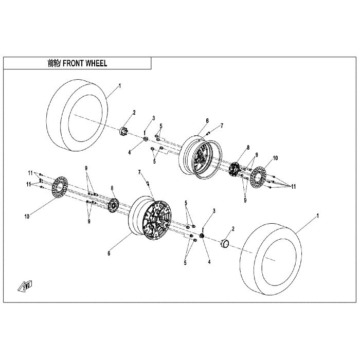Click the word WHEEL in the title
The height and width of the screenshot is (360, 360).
[96, 63]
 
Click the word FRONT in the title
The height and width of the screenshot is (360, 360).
[73, 63]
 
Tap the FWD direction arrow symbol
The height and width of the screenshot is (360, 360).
[25, 286]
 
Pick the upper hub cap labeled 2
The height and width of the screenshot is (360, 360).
[124, 131]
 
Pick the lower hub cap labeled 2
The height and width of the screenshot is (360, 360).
[224, 243]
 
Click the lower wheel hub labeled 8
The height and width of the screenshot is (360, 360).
[113, 205]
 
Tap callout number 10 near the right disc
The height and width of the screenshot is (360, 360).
[275, 158]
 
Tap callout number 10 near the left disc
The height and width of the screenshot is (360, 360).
[27, 217]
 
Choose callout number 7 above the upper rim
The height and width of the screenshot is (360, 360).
[222, 125]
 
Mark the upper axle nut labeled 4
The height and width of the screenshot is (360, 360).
[146, 139]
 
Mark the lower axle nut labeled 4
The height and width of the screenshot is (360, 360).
[202, 236]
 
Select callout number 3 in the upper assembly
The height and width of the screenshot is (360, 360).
[154, 118]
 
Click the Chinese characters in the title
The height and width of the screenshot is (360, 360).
[53, 63]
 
